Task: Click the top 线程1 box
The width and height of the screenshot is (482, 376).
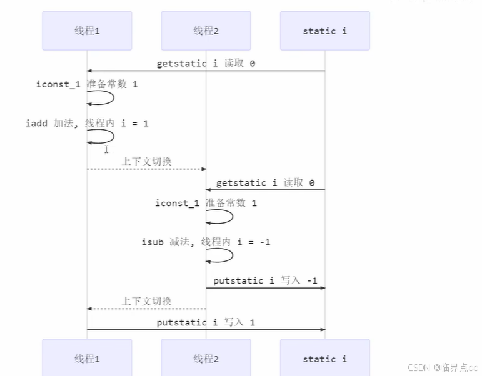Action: (x=87, y=31)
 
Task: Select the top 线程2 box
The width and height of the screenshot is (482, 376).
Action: (x=206, y=31)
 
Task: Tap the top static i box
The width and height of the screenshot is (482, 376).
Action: (x=324, y=31)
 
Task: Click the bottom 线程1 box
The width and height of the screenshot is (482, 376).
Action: (x=87, y=359)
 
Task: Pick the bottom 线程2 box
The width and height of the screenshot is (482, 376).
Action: (x=206, y=359)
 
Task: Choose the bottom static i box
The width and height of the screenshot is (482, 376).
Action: (x=324, y=359)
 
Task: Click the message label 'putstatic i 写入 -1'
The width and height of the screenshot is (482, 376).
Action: (x=265, y=280)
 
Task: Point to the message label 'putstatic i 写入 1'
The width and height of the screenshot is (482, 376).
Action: (x=206, y=322)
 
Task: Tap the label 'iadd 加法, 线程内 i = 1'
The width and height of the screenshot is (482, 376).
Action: (x=87, y=124)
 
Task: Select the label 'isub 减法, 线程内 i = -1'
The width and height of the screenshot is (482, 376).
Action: (x=206, y=242)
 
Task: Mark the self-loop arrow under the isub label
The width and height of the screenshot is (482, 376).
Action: (x=221, y=255)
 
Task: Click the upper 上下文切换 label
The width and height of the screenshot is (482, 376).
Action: (x=146, y=161)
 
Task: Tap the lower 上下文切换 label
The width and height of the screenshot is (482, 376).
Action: (x=146, y=301)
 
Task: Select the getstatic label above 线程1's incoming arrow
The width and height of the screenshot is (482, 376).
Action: (x=206, y=64)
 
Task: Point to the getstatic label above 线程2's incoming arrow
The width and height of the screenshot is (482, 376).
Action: (x=265, y=182)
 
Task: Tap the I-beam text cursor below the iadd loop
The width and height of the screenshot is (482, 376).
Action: (x=106, y=149)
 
